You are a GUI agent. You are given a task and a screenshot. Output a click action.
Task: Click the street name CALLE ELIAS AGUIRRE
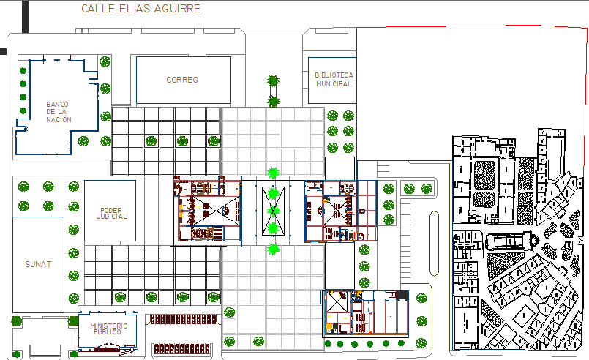click(141, 9)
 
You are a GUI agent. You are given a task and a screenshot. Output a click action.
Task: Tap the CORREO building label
click(182, 80)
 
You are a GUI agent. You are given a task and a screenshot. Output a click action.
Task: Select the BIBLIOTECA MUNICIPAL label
click(334, 79)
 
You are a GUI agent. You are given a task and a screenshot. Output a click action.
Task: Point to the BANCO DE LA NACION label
click(59, 112)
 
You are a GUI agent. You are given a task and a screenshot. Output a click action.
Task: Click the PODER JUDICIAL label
click(111, 214)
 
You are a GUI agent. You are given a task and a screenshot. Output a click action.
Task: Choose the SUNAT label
click(38, 264)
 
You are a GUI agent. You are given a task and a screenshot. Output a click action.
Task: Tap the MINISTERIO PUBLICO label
click(108, 329)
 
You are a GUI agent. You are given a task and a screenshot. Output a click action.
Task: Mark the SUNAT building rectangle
click(13, 265)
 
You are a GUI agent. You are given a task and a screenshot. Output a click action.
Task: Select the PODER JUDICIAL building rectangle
click(85, 211)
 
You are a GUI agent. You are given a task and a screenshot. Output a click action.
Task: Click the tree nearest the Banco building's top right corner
click(105, 61)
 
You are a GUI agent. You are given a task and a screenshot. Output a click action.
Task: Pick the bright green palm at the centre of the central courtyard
click(273, 211)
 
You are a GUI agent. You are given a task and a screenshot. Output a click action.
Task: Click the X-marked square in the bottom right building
click(337, 301)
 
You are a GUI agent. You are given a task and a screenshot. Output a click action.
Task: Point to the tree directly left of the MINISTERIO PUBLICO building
click(73, 321)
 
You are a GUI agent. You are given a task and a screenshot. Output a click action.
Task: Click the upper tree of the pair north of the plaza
click(273, 80)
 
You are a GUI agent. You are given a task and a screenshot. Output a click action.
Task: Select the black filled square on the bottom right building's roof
click(402, 296)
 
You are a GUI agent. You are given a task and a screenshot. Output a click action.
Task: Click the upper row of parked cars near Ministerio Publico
click(183, 320)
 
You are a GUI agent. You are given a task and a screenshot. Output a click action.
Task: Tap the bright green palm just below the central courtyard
click(273, 249)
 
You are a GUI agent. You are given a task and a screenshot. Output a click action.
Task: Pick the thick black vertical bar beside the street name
click(25, 17)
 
